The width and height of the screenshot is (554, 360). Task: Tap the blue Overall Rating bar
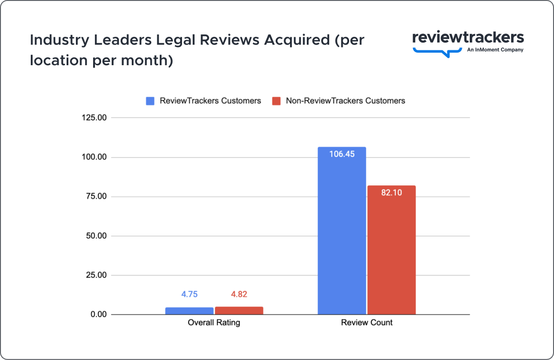click(x=189, y=311)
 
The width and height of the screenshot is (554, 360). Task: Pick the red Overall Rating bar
click(x=239, y=311)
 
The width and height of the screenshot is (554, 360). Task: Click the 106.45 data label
click(x=342, y=154)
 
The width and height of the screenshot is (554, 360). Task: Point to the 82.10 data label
click(x=391, y=192)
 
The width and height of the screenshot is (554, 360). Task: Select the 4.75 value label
click(x=189, y=294)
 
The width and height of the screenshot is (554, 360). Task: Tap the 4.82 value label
click(x=239, y=294)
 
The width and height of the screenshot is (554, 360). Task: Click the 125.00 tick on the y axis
click(x=95, y=118)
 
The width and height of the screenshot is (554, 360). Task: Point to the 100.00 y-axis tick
click(x=95, y=157)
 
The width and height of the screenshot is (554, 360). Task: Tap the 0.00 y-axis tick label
click(x=99, y=315)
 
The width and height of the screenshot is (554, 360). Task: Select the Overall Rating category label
click(x=214, y=322)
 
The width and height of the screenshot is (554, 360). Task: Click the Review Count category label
click(x=366, y=322)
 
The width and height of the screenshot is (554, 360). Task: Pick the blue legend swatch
click(x=150, y=101)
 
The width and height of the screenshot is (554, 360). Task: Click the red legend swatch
click(x=277, y=101)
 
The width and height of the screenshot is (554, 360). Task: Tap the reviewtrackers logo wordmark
click(x=468, y=38)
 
